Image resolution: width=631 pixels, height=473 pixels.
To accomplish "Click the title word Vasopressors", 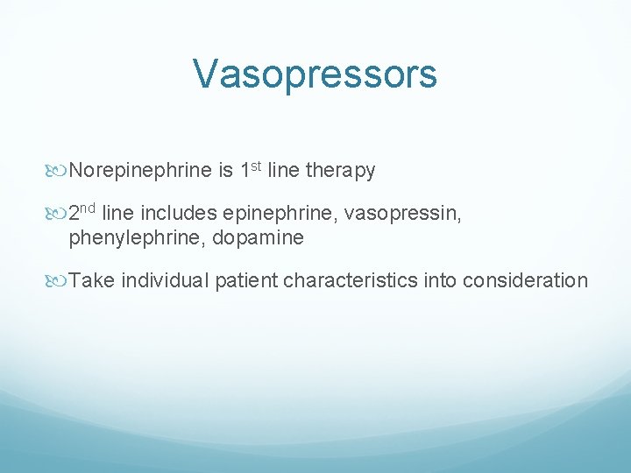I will click(x=315, y=74).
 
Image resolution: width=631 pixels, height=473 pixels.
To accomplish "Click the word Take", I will click(x=92, y=280).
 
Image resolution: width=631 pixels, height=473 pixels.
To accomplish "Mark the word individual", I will click(x=166, y=280).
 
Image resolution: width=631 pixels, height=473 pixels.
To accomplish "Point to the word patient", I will click(x=245, y=280).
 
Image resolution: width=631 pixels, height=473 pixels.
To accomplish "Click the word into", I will click(x=438, y=280).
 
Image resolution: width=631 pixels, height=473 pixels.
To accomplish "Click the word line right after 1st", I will click(x=283, y=171).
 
